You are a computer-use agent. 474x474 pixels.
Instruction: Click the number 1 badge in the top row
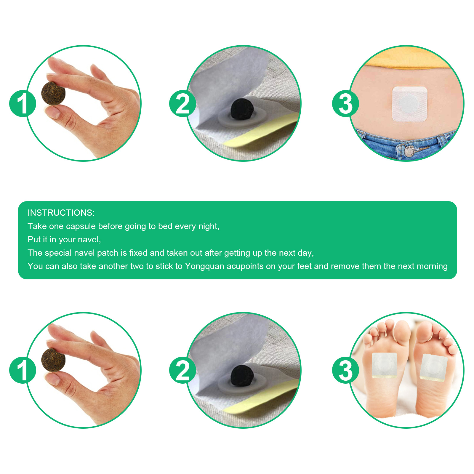[x=23, y=104]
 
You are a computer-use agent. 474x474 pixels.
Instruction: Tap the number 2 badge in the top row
[x=182, y=104]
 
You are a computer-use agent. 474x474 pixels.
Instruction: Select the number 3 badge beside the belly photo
[x=345, y=104]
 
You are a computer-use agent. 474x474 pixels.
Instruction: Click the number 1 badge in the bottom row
[x=23, y=370]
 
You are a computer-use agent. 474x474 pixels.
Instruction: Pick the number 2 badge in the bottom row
[x=182, y=370]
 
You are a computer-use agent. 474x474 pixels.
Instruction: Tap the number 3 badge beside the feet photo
[x=345, y=370]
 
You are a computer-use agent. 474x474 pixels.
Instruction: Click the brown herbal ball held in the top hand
[x=53, y=93]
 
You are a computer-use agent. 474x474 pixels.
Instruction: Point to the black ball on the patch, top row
[x=242, y=109]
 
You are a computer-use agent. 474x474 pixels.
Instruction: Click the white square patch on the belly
[x=409, y=104]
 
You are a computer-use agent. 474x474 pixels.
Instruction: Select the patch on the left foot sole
[x=384, y=366]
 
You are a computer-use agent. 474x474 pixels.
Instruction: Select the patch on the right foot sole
[x=433, y=368]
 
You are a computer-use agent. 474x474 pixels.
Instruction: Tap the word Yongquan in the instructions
[x=204, y=266]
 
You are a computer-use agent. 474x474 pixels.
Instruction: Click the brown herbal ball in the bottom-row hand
[x=53, y=360]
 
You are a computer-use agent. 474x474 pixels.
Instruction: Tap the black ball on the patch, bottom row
[x=242, y=376]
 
